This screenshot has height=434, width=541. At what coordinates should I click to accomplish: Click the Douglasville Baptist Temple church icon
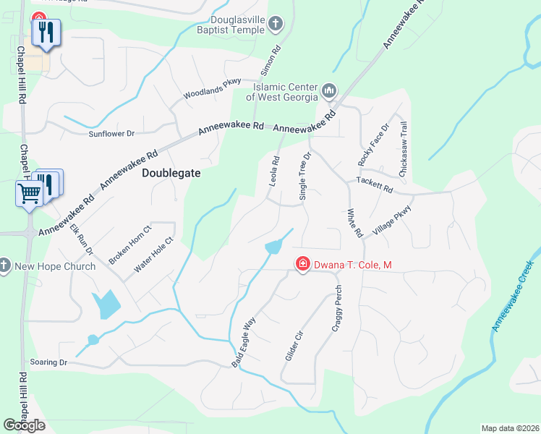(x=275, y=25)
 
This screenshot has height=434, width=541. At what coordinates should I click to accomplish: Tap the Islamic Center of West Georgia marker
(x=329, y=91)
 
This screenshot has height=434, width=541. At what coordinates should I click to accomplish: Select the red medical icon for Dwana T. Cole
(x=302, y=265)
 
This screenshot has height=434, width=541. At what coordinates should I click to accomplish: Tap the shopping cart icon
(x=29, y=193)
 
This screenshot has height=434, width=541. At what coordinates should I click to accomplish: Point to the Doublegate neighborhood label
(x=171, y=174)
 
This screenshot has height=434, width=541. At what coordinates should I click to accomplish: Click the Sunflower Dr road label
(x=111, y=134)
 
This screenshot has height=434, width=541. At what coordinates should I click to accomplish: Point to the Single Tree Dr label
(x=305, y=176)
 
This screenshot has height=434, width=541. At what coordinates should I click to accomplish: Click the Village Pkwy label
(x=391, y=221)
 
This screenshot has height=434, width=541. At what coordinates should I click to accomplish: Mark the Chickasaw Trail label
(x=403, y=149)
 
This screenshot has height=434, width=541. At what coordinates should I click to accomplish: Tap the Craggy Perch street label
(x=337, y=309)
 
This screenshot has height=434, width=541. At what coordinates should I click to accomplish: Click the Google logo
(x=25, y=425)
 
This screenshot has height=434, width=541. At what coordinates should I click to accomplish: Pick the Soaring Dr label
(x=48, y=362)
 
